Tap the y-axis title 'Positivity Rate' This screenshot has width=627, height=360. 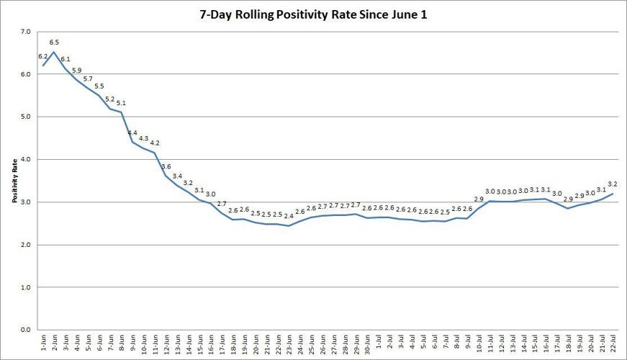point(14,181)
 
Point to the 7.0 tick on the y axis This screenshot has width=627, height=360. point(25,32)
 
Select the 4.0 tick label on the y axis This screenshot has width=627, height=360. point(25,159)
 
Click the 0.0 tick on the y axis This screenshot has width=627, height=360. point(25,330)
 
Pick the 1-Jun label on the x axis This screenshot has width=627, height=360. point(45,344)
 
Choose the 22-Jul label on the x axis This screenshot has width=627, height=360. point(613,344)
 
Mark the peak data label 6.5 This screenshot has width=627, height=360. point(54,42)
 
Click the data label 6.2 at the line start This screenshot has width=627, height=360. point(42,55)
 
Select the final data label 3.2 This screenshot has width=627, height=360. point(613,184)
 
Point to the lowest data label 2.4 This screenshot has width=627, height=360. point(289,216)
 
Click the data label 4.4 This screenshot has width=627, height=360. point(132,133)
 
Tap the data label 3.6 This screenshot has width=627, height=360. point(166,167)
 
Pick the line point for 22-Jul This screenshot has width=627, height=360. point(613,194)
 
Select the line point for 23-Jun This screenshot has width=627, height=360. point(289,226)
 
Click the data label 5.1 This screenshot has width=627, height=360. point(121,103)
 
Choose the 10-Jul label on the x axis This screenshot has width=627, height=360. point(479,344)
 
